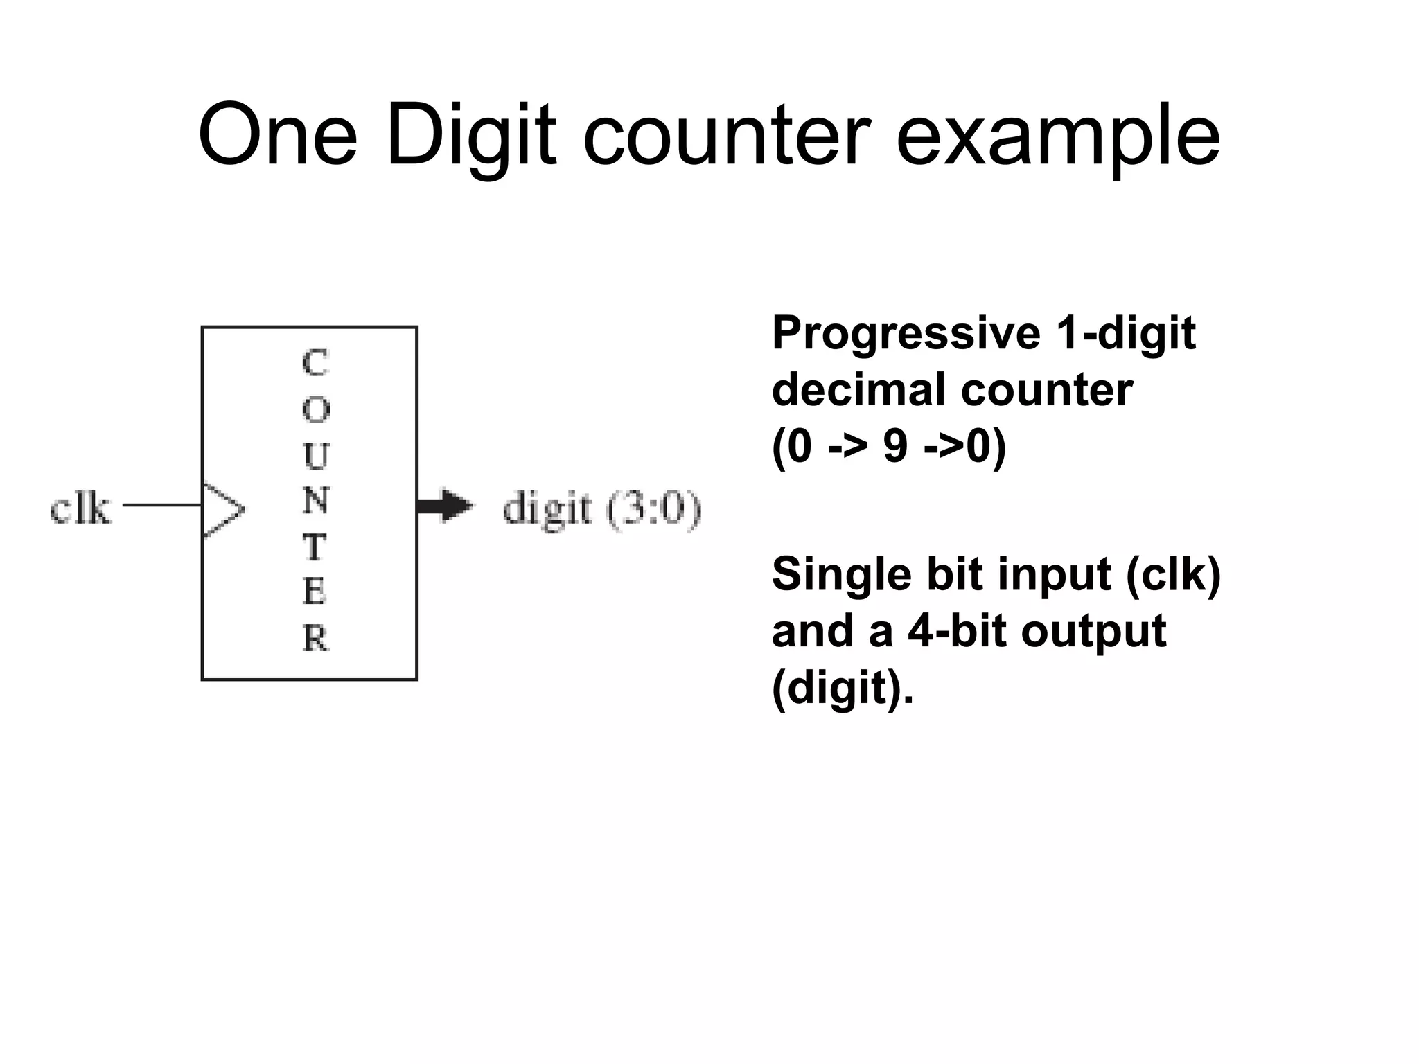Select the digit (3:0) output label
[x=601, y=510]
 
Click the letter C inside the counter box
[x=315, y=363]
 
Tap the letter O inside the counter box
[x=316, y=410]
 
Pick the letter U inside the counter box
[x=316, y=456]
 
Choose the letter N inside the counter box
[x=316, y=501]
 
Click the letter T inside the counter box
[x=315, y=547]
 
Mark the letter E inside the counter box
[x=315, y=592]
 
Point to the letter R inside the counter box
[x=316, y=638]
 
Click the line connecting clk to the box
[x=161, y=505]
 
